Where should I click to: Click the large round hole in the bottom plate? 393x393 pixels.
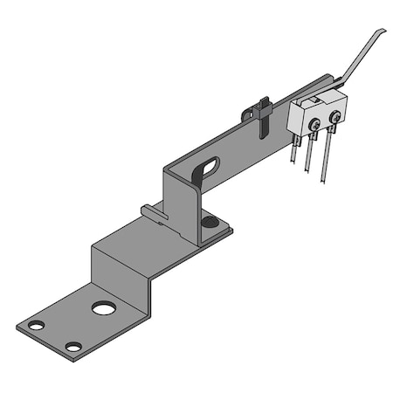(x=103, y=308)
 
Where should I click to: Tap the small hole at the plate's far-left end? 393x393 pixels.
(x=36, y=326)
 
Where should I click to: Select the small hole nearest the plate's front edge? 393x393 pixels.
(x=73, y=347)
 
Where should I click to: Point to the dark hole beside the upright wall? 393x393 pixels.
(x=209, y=223)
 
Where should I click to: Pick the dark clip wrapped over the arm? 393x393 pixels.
(x=253, y=115)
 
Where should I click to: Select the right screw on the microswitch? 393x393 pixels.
(x=334, y=116)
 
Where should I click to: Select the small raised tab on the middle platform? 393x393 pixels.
(x=151, y=210)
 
